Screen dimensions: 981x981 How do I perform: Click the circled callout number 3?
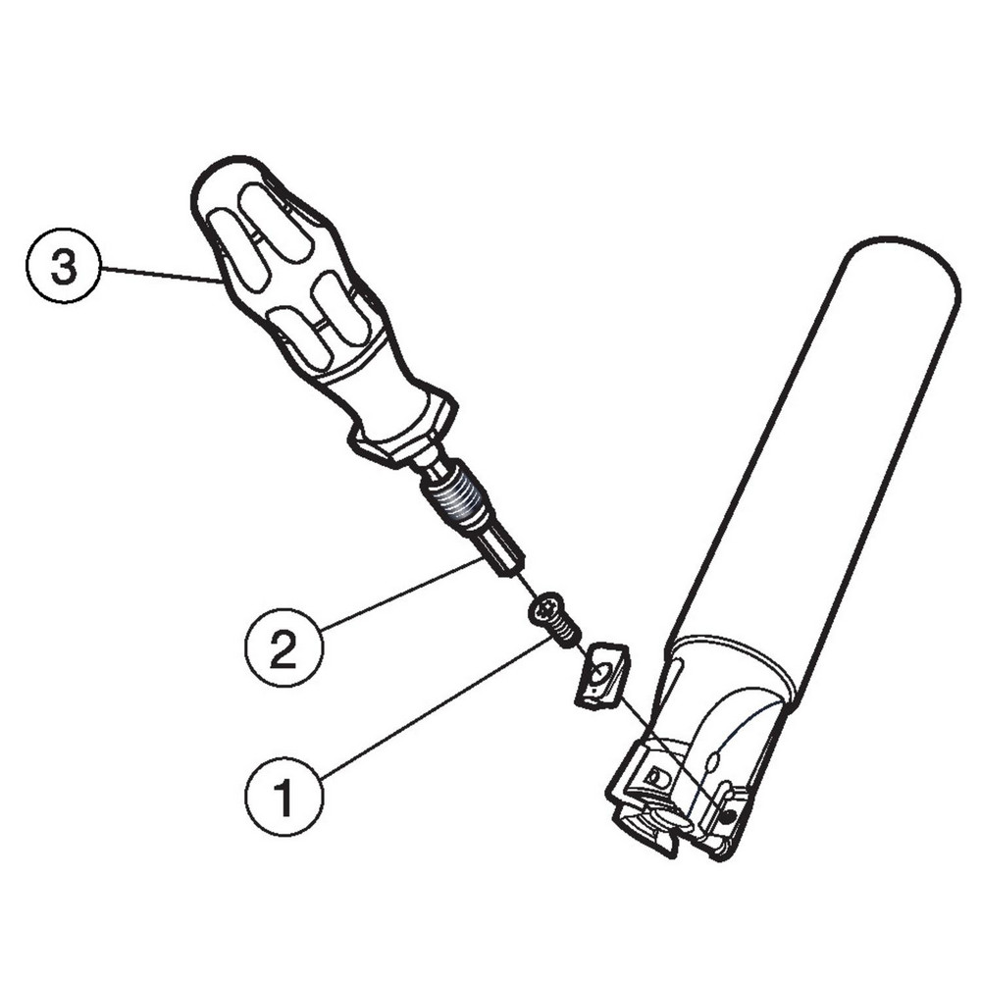point(63,267)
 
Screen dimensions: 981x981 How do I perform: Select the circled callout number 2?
point(284,646)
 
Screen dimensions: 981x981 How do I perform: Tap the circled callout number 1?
point(284,797)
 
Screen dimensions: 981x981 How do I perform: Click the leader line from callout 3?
point(161,276)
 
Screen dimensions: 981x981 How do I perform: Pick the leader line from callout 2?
point(401,594)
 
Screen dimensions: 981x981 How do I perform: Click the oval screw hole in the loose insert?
point(598,674)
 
